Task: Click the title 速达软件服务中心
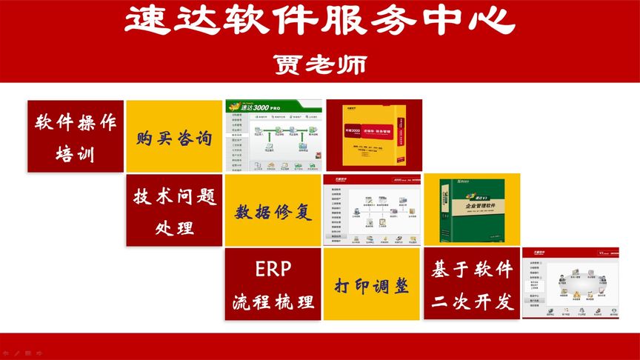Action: [319, 23]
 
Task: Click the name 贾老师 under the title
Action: [319, 64]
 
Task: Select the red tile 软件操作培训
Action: [76, 136]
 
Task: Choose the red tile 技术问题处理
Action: [174, 210]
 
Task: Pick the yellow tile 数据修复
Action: [273, 211]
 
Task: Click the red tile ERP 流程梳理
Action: [273, 284]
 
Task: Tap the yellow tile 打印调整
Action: [372, 284]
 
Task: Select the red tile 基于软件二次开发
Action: [472, 284]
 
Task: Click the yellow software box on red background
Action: [375, 136]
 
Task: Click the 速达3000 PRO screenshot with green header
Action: [273, 136]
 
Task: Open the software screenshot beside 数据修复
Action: [372, 210]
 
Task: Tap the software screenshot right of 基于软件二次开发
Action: [570, 284]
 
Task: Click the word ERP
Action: [273, 267]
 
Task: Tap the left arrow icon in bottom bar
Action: [6, 353]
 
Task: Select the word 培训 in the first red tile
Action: [76, 154]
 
